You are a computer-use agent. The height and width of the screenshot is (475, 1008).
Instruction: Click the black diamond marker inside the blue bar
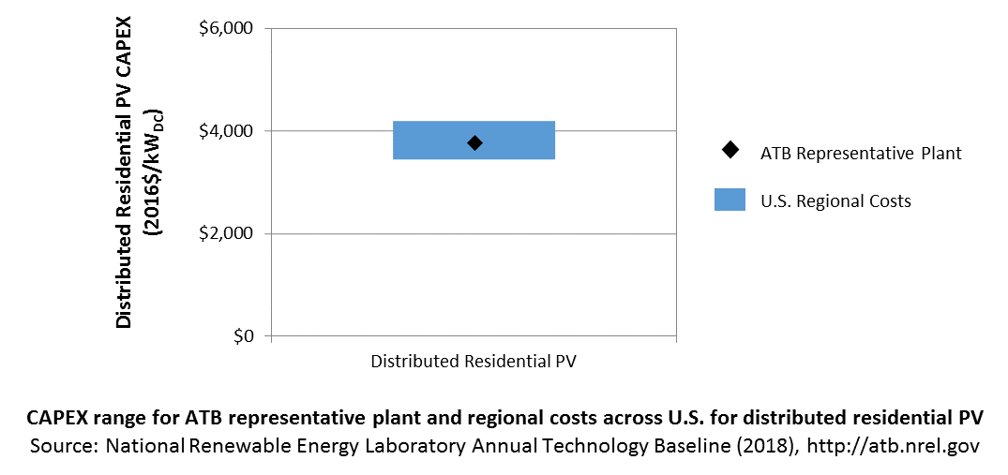pos(474,143)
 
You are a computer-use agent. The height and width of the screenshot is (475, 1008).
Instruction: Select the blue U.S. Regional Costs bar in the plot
pos(474,140)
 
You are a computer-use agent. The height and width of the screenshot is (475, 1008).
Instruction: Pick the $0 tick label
pos(242,335)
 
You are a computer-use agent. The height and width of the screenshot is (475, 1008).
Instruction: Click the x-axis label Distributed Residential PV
pos(474,362)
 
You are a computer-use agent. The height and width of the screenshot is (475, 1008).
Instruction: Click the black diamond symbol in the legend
pos(730,150)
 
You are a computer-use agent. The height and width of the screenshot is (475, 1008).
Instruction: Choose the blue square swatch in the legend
pos(730,200)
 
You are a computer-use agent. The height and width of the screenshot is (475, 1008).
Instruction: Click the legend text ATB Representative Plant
pos(862,154)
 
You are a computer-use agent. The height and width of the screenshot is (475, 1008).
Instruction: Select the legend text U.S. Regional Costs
pos(835,200)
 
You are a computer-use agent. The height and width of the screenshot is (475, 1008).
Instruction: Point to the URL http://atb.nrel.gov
pos(893,447)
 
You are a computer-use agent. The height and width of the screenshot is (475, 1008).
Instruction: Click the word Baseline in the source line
pos(709,447)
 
